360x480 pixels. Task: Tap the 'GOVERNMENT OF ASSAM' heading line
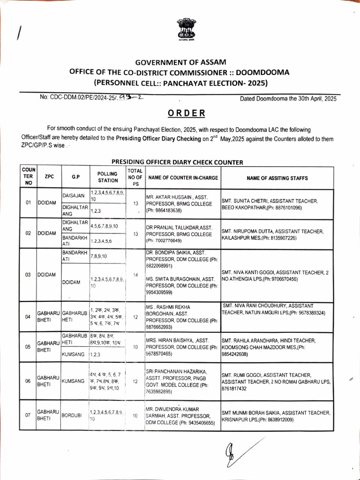pyautogui.click(x=180, y=62)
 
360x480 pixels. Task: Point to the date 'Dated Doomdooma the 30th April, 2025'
pyautogui.click(x=288, y=99)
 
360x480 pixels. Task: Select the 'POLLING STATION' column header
pyautogui.click(x=108, y=177)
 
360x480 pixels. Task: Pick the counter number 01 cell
pyautogui.click(x=28, y=202)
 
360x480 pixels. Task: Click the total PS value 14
pyautogui.click(x=135, y=275)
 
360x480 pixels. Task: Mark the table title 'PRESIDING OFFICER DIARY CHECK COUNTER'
pyautogui.click(x=177, y=163)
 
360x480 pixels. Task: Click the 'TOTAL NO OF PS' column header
pyautogui.click(x=135, y=177)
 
